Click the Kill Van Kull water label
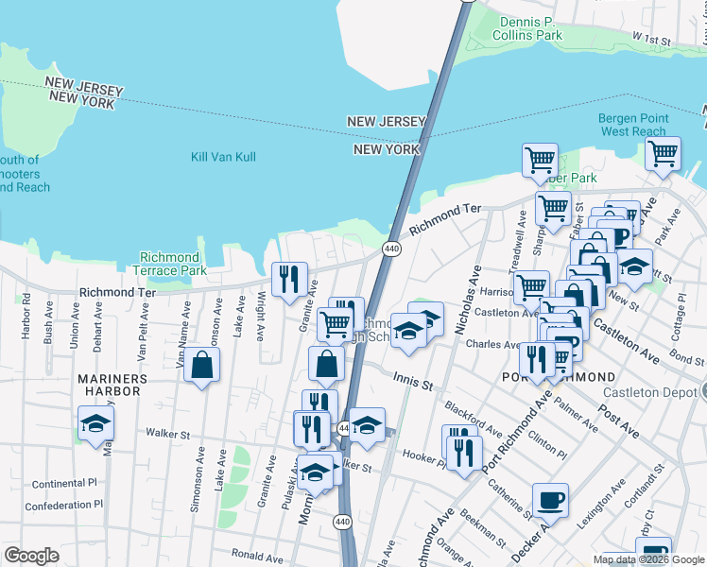click(x=223, y=156)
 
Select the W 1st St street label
click(x=651, y=40)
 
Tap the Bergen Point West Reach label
click(x=633, y=125)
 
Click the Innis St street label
click(x=413, y=385)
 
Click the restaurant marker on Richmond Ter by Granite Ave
click(x=289, y=277)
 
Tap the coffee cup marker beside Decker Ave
click(x=550, y=499)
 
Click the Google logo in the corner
click(x=31, y=556)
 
